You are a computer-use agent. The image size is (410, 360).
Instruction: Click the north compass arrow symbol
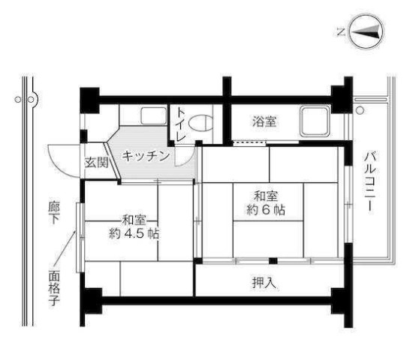click(x=366, y=31)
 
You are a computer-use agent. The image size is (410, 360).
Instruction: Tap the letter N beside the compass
click(x=340, y=31)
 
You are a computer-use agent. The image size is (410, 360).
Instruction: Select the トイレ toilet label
click(x=181, y=124)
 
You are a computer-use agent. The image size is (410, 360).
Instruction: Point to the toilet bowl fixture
click(x=201, y=121)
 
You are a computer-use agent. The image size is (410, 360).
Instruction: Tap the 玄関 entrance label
click(x=96, y=161)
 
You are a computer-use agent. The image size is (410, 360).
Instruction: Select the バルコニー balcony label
click(x=369, y=181)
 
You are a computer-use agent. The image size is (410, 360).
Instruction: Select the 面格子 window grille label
click(x=55, y=288)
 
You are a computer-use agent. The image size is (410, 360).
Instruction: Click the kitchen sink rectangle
click(x=153, y=116)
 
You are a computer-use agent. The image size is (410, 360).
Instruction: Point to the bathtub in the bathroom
click(x=312, y=120)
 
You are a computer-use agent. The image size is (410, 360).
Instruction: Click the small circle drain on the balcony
click(x=360, y=110)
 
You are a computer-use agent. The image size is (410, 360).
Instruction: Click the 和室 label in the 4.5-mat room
click(x=134, y=220)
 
